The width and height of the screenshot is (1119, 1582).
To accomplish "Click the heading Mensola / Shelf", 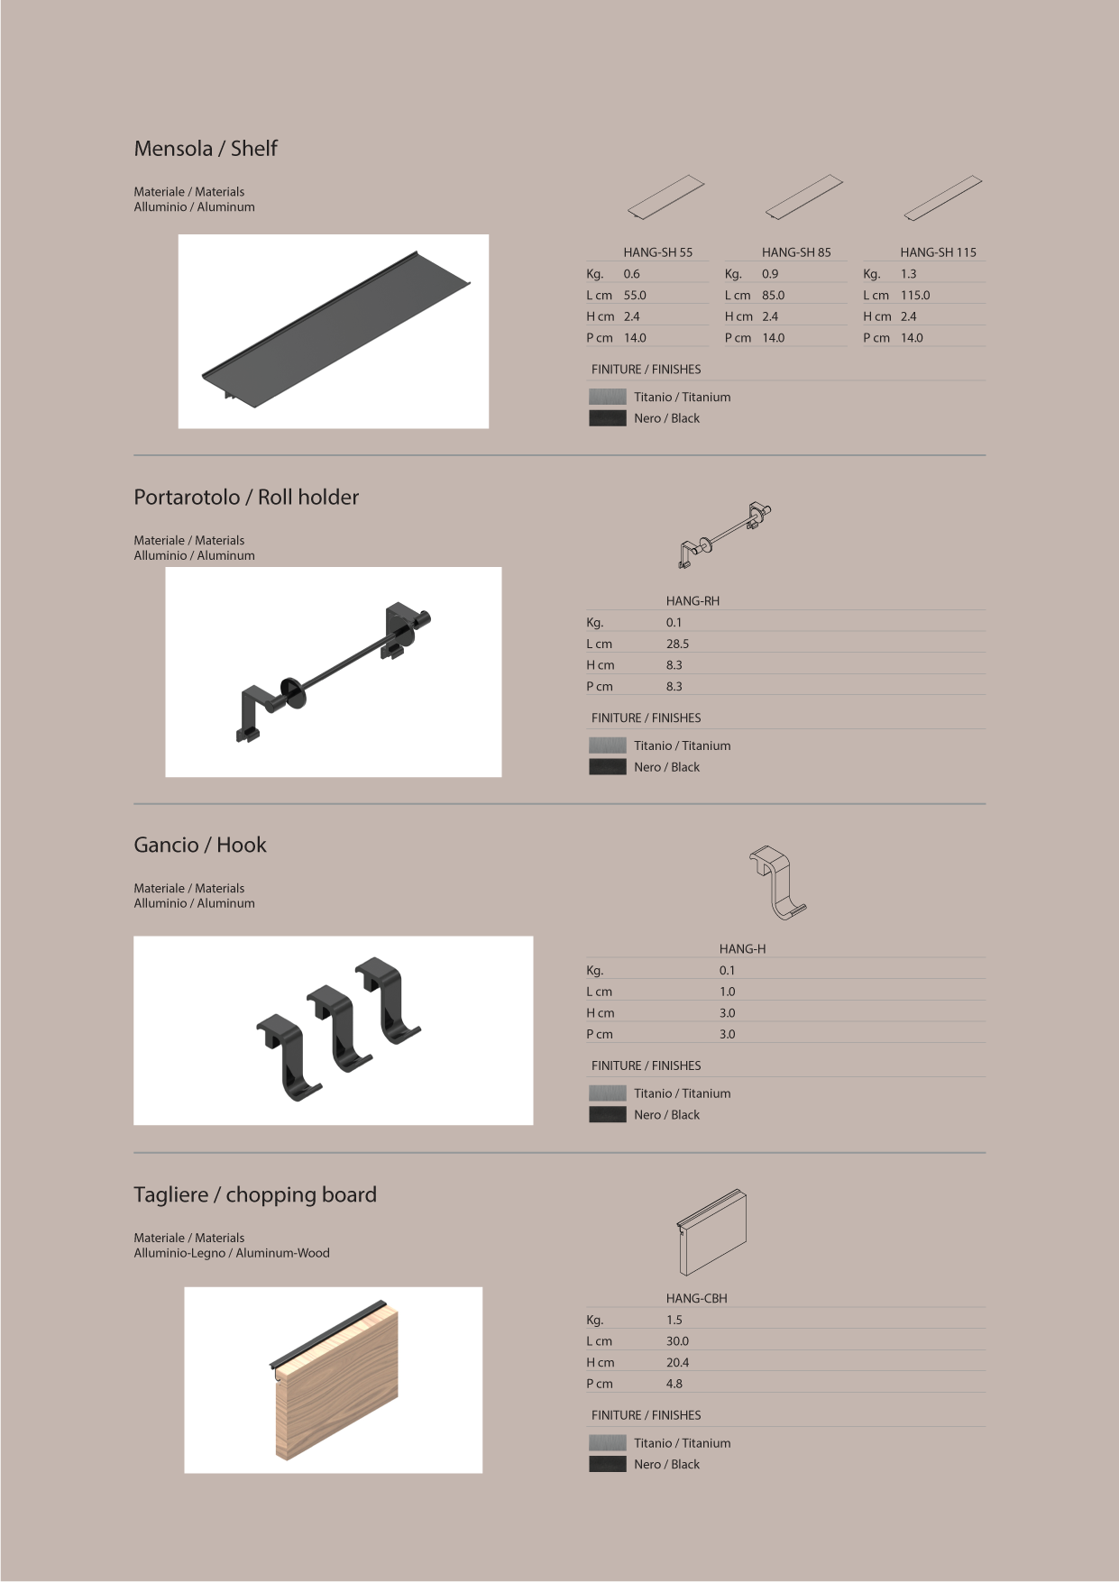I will pyautogui.click(x=206, y=149).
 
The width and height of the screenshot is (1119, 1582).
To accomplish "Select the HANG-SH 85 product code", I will pyautogui.click(x=796, y=252).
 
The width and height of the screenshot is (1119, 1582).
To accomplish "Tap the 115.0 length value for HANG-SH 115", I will pyautogui.click(x=915, y=296).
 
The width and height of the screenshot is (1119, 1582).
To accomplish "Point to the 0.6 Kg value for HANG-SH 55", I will pyautogui.click(x=631, y=274).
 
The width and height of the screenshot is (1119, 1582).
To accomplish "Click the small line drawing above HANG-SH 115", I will pyautogui.click(x=942, y=197).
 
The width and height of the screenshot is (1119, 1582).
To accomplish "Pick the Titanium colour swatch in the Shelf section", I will pyautogui.click(x=607, y=398).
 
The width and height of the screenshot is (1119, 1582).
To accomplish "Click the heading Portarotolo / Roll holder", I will pyautogui.click(x=246, y=498).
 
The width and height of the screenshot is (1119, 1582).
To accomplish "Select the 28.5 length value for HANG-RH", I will pyautogui.click(x=677, y=645).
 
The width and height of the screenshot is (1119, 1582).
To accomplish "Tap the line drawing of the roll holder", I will pyautogui.click(x=725, y=535).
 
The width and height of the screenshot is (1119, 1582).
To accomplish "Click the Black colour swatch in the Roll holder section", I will pyautogui.click(x=607, y=767).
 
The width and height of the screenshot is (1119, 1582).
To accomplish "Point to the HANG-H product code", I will pyautogui.click(x=742, y=949).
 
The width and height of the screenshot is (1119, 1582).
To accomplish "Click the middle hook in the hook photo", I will pyautogui.click(x=340, y=1027).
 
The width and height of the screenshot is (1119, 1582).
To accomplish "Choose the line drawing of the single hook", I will pyautogui.click(x=777, y=882).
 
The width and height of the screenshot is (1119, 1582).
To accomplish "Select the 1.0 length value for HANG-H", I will pyautogui.click(x=727, y=992).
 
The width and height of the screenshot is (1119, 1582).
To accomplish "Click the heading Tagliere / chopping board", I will pyautogui.click(x=255, y=1195).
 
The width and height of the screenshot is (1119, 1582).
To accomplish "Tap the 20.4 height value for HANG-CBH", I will pyautogui.click(x=677, y=1363).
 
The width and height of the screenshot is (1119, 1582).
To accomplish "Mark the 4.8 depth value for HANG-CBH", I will pyautogui.click(x=674, y=1385).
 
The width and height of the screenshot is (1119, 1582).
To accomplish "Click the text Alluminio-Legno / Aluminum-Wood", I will pyautogui.click(x=232, y=1254).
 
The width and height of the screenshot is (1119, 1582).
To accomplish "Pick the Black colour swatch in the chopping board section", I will pyautogui.click(x=607, y=1465).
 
